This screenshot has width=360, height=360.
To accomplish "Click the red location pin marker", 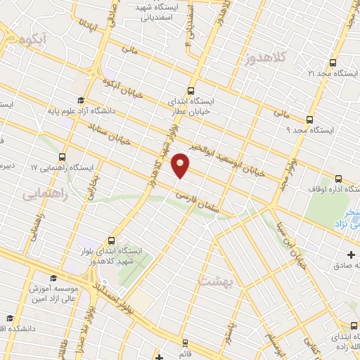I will click(181, 166).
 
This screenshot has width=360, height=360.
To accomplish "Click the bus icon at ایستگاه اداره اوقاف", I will click(340, 179).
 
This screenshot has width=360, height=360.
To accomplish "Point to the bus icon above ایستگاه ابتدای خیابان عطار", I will click(191, 91).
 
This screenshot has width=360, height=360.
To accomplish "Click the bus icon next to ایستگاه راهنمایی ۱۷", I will click(63, 157).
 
